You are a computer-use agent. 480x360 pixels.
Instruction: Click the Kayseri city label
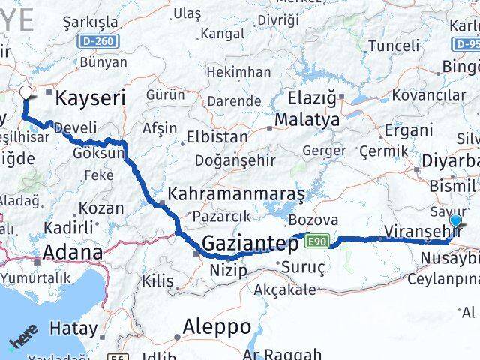pyautogui.click(x=88, y=97)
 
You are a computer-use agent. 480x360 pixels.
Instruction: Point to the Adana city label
pyautogui.click(x=73, y=251)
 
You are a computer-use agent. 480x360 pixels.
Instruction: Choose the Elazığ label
pyautogui.click(x=312, y=97)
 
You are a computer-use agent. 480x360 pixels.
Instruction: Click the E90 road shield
pyautogui.click(x=318, y=241)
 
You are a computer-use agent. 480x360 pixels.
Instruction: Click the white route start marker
pyautogui.click(x=26, y=93)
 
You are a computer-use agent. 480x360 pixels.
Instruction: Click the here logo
pyautogui.click(x=22, y=342)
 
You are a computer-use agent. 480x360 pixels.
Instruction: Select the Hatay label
pyautogui.click(x=73, y=328)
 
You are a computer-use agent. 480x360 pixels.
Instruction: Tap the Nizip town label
pyautogui.click(x=229, y=269)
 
